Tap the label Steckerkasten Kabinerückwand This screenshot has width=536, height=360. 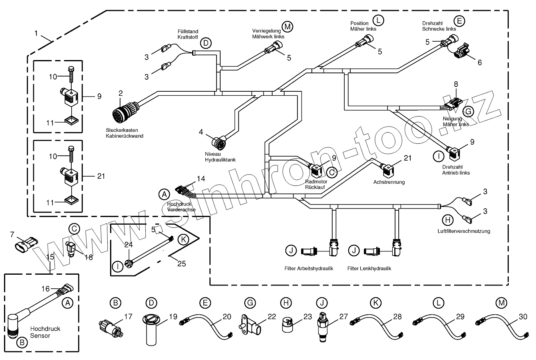pos(124,133)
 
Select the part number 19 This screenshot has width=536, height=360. pos(173,316)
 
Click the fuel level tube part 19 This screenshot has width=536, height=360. pos(151,330)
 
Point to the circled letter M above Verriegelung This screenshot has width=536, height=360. pos(287,26)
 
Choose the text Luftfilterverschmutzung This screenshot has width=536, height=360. pos(464,231)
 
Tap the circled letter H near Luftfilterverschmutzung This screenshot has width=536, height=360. pos(448,220)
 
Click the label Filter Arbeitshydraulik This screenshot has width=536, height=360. pos(309,269)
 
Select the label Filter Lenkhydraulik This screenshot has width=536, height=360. pos(369,269)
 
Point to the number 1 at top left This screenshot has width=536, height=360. pos(36,33)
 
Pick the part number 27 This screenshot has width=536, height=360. pos(343,316)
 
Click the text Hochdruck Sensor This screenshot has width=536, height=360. pos(45,332)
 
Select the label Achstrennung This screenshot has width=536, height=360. pos(389,182)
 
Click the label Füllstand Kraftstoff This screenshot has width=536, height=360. pos(188,34)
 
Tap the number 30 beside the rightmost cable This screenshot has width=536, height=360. pos(523,316)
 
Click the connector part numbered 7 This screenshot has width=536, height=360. pos(26,245)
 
